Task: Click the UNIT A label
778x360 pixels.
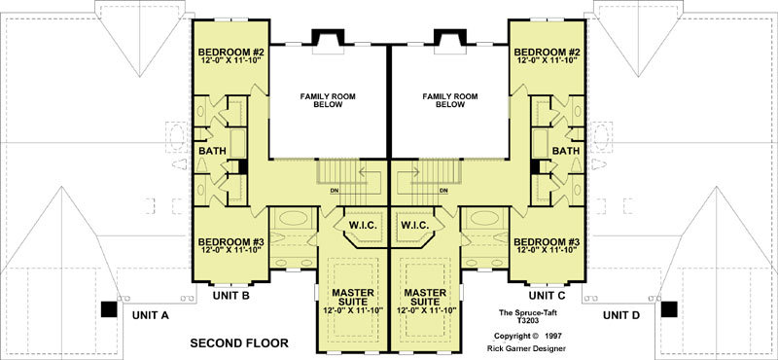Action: point(151,315)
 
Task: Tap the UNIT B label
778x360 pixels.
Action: point(231,297)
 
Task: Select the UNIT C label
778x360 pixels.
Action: point(548,296)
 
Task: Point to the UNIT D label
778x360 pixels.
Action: point(621,315)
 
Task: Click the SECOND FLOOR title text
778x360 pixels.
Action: point(239,343)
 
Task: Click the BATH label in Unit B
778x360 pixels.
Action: point(212,151)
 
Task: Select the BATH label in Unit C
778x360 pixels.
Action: point(566,151)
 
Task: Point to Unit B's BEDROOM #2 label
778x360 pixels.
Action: point(230,56)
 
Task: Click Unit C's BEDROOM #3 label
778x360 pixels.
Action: point(547,246)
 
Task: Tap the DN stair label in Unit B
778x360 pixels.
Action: point(335,191)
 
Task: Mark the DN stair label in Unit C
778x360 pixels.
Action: point(444,191)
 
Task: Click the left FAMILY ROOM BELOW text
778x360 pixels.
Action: point(328,101)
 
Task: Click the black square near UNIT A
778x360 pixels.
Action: point(109,309)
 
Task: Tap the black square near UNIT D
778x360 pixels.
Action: point(669,309)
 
